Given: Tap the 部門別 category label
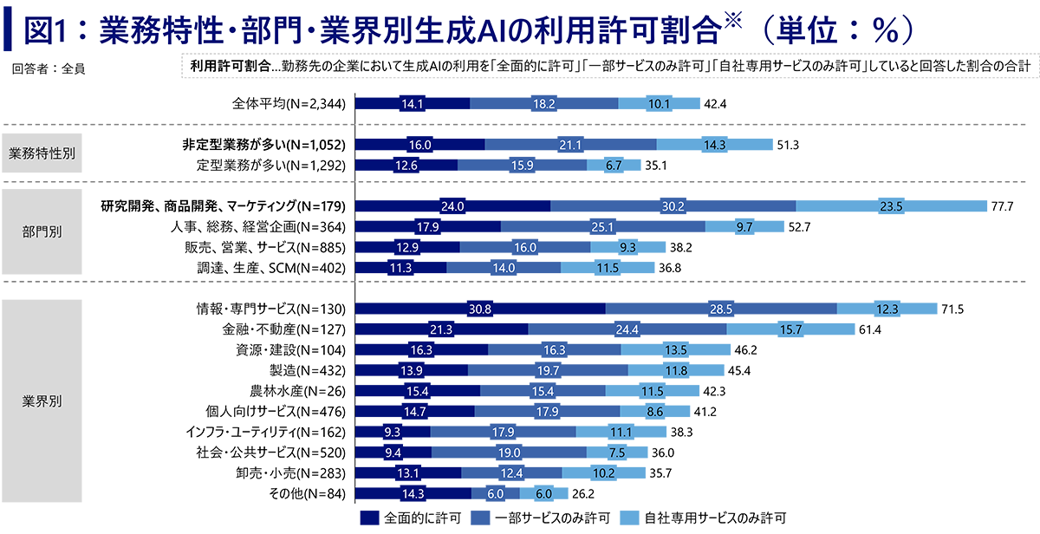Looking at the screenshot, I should pos(41,232).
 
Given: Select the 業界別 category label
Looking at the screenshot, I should pos(41,401).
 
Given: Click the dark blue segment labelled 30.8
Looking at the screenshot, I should pos(479,309).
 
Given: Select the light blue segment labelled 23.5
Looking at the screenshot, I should pos(893,206).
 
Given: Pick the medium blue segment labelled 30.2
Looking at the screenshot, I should pos(673,206).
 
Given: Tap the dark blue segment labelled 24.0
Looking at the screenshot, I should pos(452,206).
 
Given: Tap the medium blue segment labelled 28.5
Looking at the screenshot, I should pos(719,309).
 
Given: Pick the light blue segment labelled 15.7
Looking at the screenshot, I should pos(790,330).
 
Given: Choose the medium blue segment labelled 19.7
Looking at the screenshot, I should pos(549,371).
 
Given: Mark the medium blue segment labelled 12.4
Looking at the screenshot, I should pos(511,473).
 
